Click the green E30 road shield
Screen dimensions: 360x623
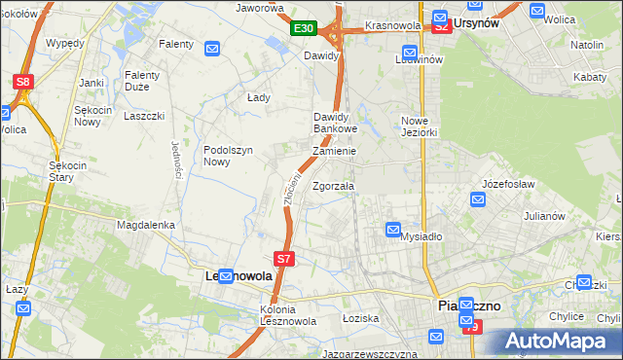pos(304,29)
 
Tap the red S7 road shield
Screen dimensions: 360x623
pos(283,259)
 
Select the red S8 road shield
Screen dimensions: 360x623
pos(24,84)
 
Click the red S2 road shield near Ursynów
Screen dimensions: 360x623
pos(442,26)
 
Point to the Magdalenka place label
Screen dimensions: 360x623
pos(145,225)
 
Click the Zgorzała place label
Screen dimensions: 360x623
pos(333,186)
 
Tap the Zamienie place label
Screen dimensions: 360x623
pos(334,152)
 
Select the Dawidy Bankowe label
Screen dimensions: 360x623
pos(336,123)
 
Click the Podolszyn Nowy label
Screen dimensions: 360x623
pos(229,156)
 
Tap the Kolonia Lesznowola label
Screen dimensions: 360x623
pos(264,316)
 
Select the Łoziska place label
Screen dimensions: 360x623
pos(359,318)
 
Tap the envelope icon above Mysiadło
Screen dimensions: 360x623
pos(392,230)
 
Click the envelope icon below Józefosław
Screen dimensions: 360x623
pos(477,199)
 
